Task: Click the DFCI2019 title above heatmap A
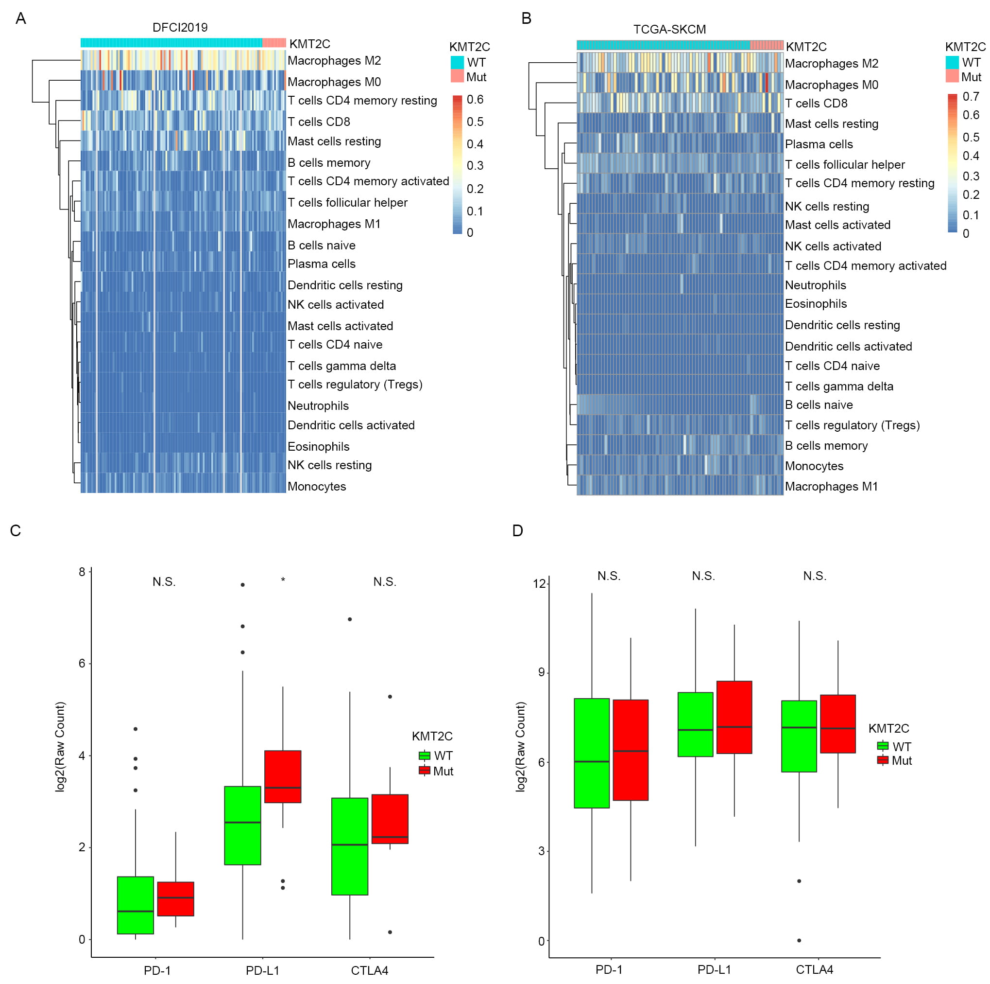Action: pyautogui.click(x=180, y=27)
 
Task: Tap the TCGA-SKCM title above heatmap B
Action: pyautogui.click(x=669, y=29)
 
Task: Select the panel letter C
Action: pyautogui.click(x=16, y=531)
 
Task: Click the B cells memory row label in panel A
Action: pyautogui.click(x=328, y=162)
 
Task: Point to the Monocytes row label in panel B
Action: pyautogui.click(x=814, y=466)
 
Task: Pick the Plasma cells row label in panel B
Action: pyautogui.click(x=819, y=144)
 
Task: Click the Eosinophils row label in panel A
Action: pyautogui.click(x=318, y=447)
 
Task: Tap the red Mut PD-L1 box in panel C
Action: pyautogui.click(x=282, y=776)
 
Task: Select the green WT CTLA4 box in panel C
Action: pyautogui.click(x=349, y=846)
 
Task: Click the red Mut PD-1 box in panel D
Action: pyautogui.click(x=630, y=750)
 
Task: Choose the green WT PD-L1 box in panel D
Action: pyautogui.click(x=695, y=724)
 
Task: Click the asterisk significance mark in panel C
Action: pyautogui.click(x=283, y=580)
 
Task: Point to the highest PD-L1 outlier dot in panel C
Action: pyautogui.click(x=242, y=584)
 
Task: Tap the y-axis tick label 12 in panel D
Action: pyautogui.click(x=539, y=583)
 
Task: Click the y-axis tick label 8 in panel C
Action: pyautogui.click(x=82, y=572)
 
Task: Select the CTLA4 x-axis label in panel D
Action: pyautogui.click(x=814, y=969)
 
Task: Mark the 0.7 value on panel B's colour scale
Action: pyautogui.click(x=971, y=96)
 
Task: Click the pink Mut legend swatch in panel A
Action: pyautogui.click(x=457, y=77)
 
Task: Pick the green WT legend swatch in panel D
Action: pyautogui.click(x=882, y=746)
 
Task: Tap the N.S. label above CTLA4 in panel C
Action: pyautogui.click(x=384, y=581)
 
